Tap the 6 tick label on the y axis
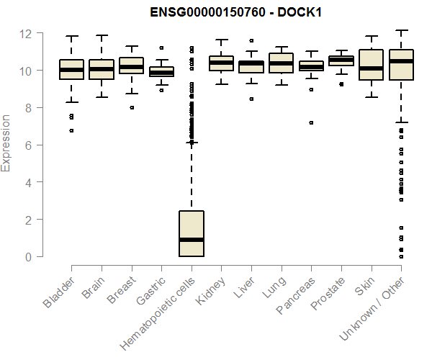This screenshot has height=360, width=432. coord(27,145)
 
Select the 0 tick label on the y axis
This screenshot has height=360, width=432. coord(27,256)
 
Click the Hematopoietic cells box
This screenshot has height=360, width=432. coord(192,233)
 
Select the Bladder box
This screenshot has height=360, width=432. coord(71,69)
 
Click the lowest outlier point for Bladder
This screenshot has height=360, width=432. coord(71,130)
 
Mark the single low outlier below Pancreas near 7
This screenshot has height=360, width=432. coord(311,122)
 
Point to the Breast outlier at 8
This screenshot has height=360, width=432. coord(132,107)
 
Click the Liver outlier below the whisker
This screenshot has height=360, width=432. coord(251,99)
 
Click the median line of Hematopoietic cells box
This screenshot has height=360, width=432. coord(192,240)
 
